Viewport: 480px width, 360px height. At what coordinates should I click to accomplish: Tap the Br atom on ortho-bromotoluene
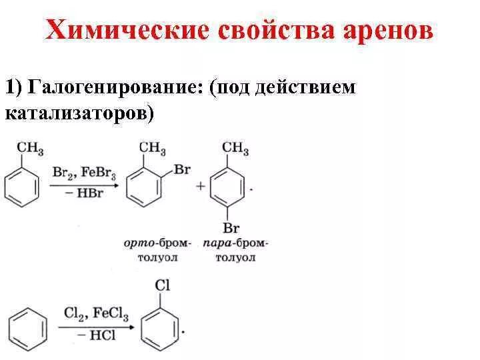pos(182,169)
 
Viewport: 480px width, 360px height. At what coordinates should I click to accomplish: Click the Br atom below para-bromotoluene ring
pos(231,229)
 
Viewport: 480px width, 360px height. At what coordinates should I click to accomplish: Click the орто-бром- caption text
pos(157,244)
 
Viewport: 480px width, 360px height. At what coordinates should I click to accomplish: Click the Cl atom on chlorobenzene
pos(163,285)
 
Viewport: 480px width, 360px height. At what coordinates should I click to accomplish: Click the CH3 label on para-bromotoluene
pos(235,147)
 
